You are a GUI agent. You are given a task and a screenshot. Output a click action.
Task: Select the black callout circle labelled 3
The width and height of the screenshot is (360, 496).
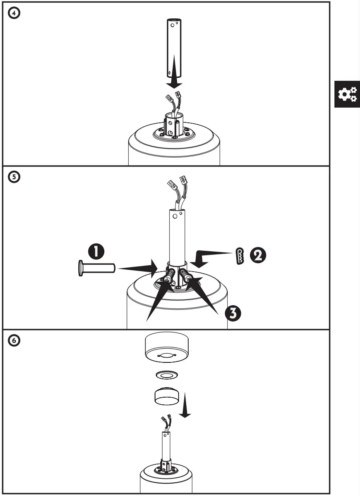[233, 313]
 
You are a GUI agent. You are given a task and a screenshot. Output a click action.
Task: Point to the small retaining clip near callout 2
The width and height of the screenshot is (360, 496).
[239, 256]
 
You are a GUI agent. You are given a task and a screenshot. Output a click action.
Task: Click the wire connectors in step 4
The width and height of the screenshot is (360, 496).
[172, 98]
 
